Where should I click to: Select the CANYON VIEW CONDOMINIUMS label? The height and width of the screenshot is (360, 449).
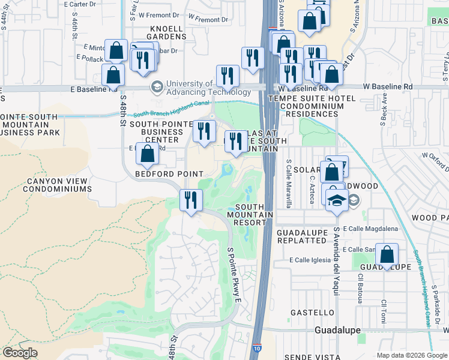(57, 184)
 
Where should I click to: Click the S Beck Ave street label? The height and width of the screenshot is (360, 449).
(382, 110)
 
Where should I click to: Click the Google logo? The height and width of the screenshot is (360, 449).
(20, 353)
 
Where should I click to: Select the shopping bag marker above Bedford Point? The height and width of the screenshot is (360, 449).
(147, 155)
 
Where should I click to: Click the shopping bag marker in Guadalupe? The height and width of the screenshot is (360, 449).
(388, 255)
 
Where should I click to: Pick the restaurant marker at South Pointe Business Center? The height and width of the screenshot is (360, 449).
(204, 131)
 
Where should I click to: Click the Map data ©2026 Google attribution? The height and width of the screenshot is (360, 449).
(411, 355)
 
